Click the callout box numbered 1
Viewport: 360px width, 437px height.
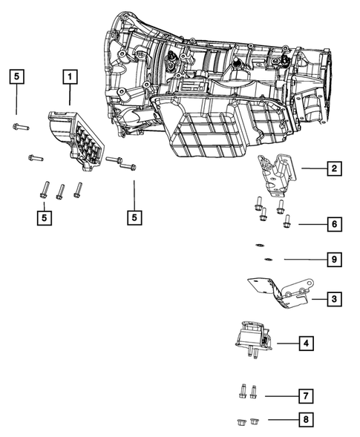coord(69,76)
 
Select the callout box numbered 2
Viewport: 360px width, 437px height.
coord(334,169)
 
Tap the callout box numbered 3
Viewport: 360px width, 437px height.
coord(334,299)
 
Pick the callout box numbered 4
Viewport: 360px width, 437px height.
coord(304,344)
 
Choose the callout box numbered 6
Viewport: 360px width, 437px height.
coord(334,223)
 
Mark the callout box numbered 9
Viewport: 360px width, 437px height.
coord(334,259)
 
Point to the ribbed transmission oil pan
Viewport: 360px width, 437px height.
coord(215,134)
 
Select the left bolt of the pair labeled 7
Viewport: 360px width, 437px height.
coord(243,390)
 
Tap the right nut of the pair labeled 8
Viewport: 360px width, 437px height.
coord(254,421)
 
